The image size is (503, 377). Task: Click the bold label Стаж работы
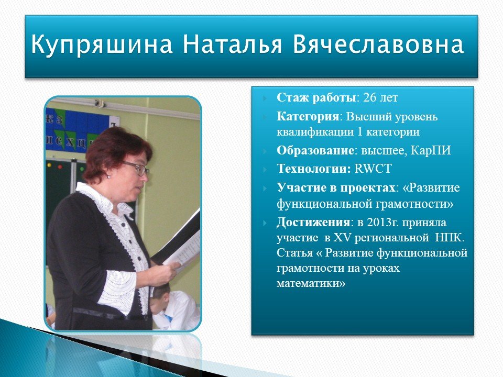[x=316, y=97]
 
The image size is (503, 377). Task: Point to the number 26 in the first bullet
[x=369, y=97]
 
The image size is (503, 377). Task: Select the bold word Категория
[x=308, y=116]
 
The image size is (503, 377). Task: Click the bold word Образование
[x=315, y=150]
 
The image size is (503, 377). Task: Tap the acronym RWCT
[x=373, y=169]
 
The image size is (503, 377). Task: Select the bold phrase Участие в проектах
[x=336, y=187]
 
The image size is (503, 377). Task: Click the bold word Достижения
[x=313, y=222]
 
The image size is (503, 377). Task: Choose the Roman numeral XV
[x=342, y=238]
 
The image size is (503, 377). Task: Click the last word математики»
[x=311, y=283]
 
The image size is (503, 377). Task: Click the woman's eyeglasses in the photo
[x=137, y=168]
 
